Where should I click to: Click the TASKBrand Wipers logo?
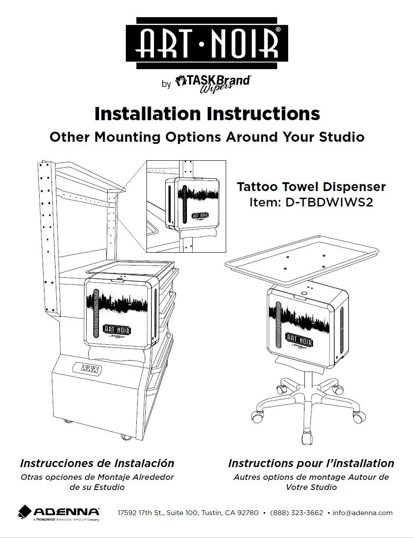[x=213, y=83]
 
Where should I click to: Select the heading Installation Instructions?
[x=207, y=114]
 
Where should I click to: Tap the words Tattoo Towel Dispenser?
[x=311, y=187]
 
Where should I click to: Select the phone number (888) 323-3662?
[x=296, y=513]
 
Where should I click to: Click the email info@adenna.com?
[x=363, y=513]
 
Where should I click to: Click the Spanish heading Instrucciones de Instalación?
[x=97, y=463]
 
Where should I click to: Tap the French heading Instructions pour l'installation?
[x=311, y=463]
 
